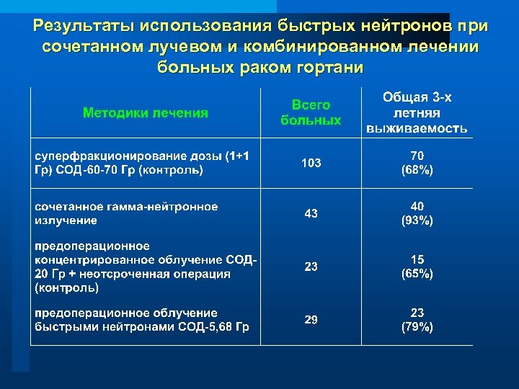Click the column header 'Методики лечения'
point(146,112)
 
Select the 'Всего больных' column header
point(311,113)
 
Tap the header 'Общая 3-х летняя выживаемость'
point(417,113)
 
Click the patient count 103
point(311,164)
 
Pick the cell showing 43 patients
point(311,213)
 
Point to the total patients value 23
point(311,267)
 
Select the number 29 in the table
point(311,319)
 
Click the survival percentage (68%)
point(417,171)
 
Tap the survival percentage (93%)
point(417,221)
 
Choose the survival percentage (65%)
point(417,274)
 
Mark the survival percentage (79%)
point(417,326)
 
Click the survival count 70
point(417,156)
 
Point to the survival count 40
point(417,207)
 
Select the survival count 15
point(417,259)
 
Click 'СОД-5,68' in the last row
point(198,326)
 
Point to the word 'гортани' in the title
point(329,67)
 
